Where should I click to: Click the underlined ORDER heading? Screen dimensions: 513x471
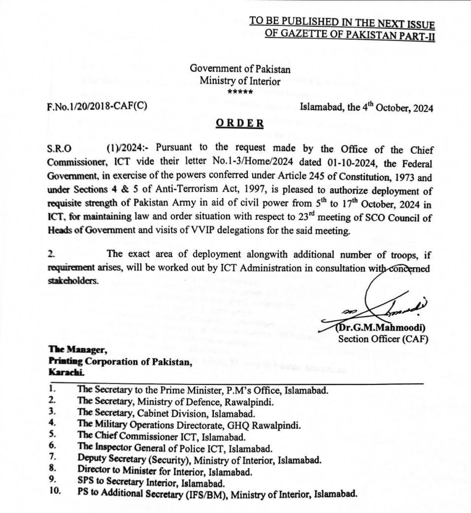click(240, 123)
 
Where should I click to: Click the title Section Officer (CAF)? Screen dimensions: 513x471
click(383, 339)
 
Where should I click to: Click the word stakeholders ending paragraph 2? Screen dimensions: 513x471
click(73, 281)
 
